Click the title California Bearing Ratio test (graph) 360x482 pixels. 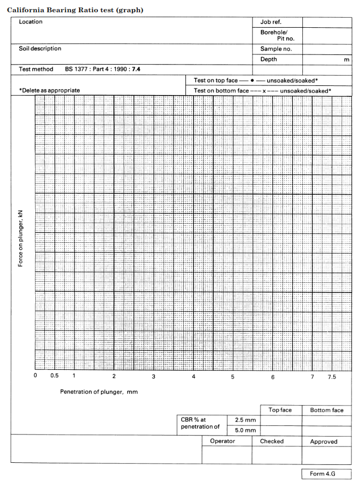click(x=75, y=11)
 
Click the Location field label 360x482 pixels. click(x=30, y=22)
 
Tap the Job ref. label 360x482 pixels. click(x=270, y=22)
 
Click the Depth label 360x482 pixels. click(x=269, y=59)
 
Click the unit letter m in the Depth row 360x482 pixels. click(x=347, y=60)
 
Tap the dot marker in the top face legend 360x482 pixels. click(x=252, y=81)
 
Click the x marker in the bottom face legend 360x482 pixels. click(x=264, y=91)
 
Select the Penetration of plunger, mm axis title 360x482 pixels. click(x=99, y=392)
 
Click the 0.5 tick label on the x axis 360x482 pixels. click(x=54, y=376)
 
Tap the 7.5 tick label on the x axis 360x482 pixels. click(x=332, y=377)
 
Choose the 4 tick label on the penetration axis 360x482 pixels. click(x=193, y=377)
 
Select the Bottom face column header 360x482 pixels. click(x=326, y=410)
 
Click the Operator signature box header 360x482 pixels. click(x=222, y=441)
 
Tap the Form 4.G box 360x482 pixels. click(x=323, y=474)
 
